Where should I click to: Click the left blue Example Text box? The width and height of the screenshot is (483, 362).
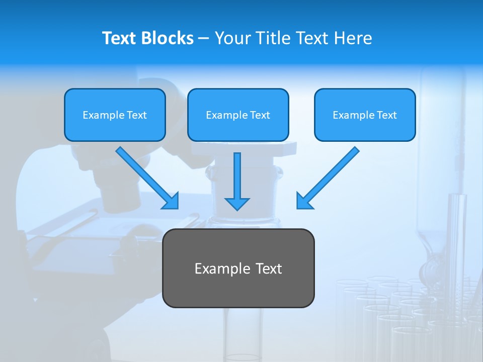point(115,115)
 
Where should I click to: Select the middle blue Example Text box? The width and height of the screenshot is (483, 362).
point(238,115)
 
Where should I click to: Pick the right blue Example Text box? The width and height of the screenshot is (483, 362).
point(365,115)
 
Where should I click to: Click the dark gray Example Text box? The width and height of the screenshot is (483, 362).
point(238,268)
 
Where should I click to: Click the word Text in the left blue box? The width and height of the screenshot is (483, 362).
point(136,115)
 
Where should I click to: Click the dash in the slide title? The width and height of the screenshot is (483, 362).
point(204,38)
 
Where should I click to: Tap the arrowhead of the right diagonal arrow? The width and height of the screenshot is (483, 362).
point(303,201)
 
